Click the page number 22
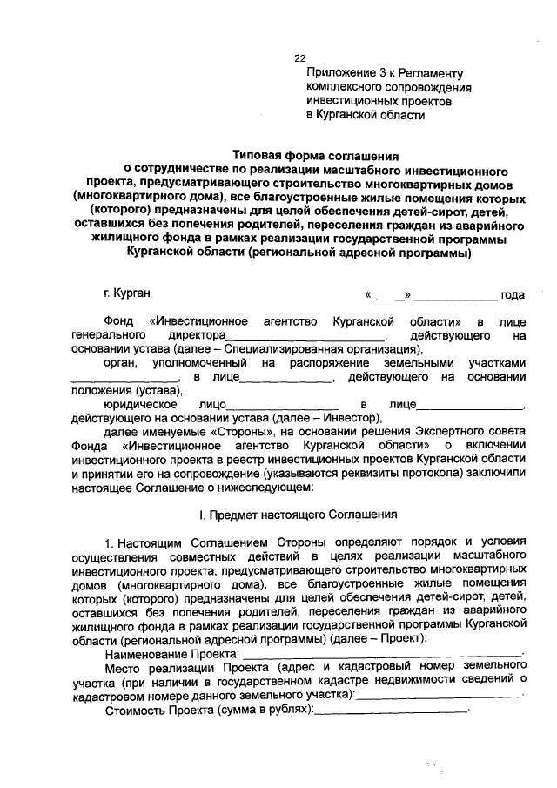[x=299, y=57]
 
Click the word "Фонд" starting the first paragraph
[x=118, y=321]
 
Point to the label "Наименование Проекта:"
[x=171, y=653]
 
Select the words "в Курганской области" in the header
[x=366, y=115]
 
